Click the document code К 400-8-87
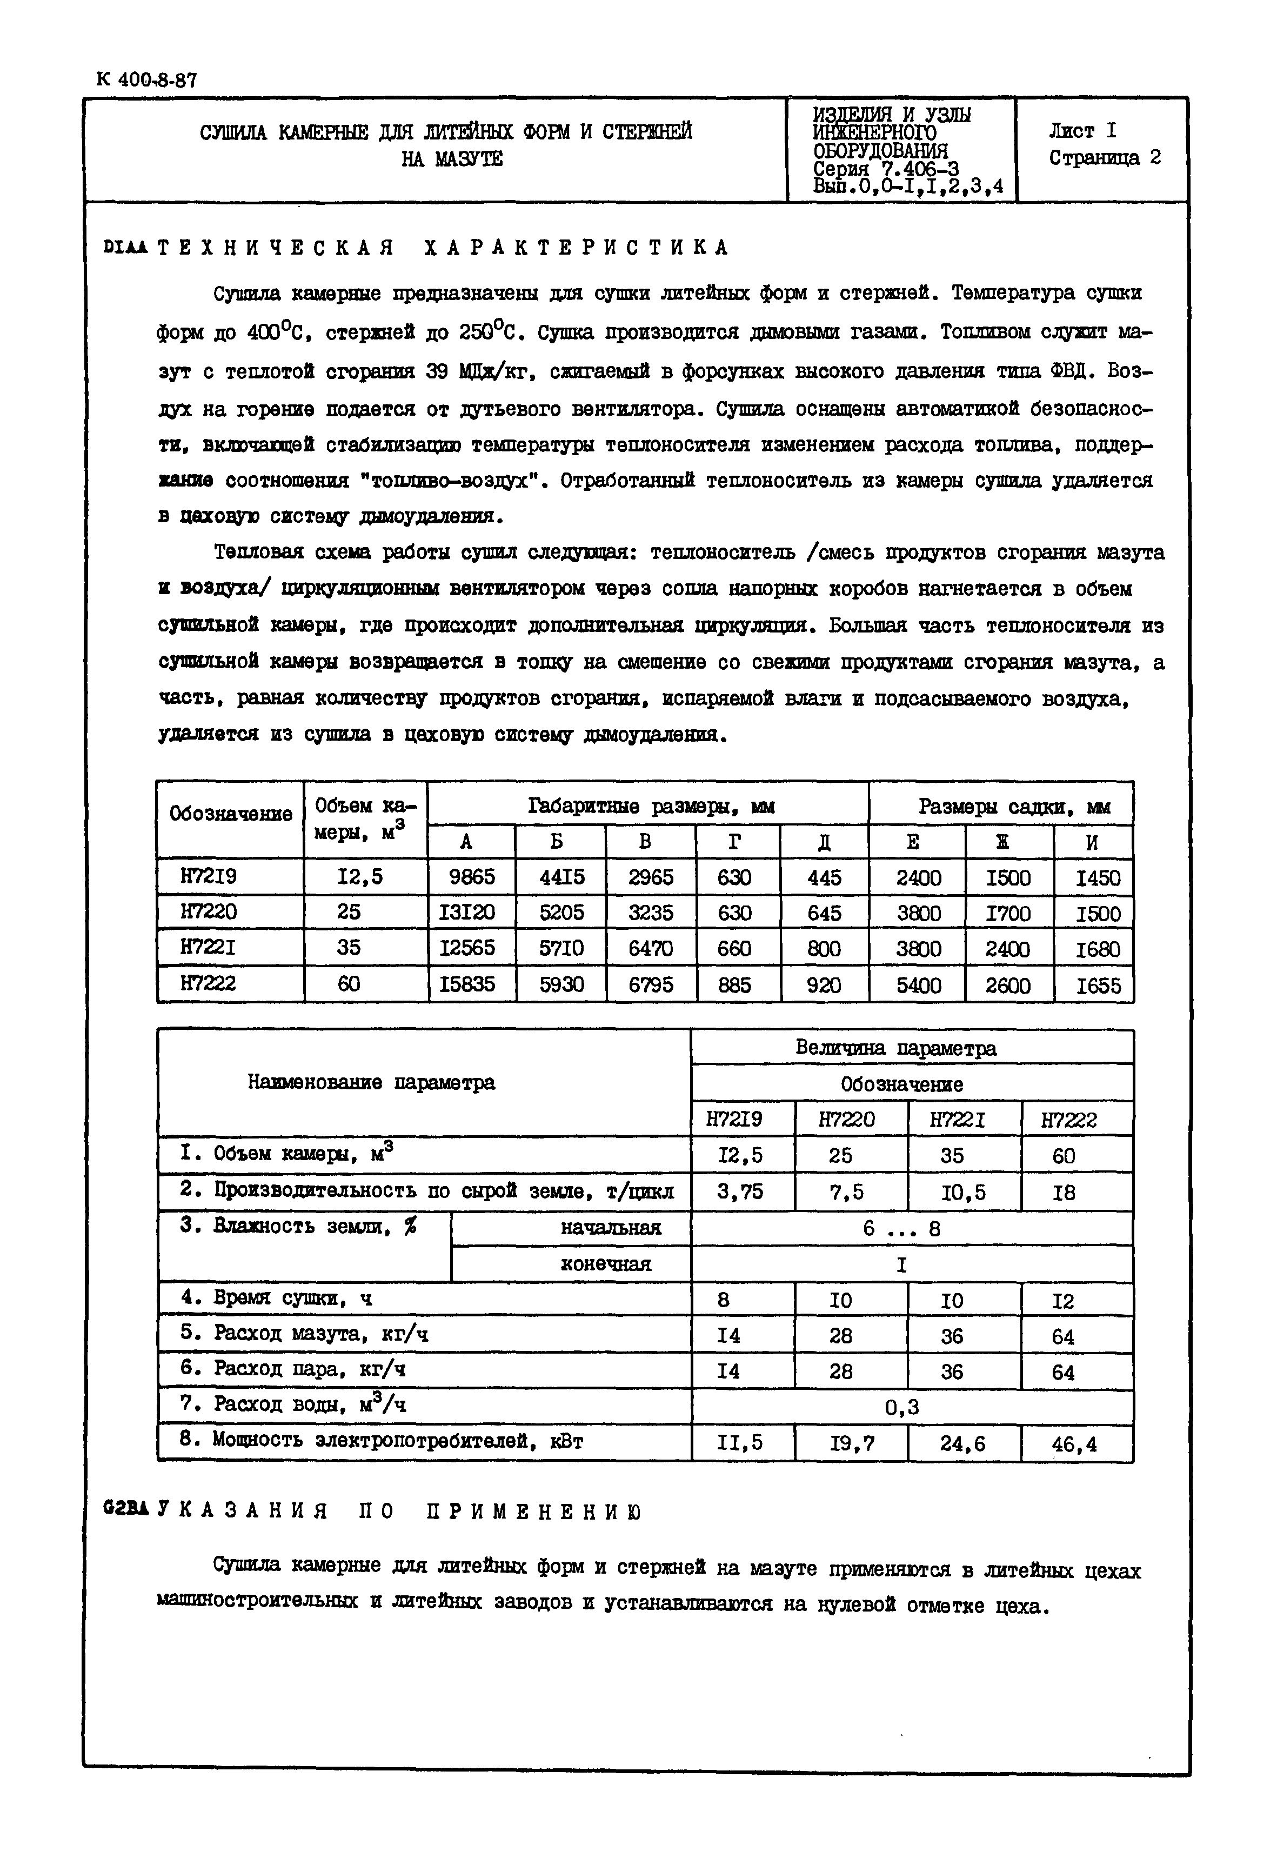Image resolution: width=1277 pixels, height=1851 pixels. [x=146, y=80]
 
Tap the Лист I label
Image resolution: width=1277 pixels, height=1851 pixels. [x=1082, y=130]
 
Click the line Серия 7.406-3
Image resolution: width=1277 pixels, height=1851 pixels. [x=885, y=169]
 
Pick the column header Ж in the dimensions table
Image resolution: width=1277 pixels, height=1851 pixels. [x=1009, y=842]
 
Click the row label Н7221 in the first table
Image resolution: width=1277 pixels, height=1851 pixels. [x=208, y=948]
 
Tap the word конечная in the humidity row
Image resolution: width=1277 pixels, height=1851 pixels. [x=606, y=1264]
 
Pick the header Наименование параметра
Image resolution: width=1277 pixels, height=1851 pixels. [x=371, y=1083]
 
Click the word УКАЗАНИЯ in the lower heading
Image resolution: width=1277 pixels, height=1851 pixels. [x=243, y=1512]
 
